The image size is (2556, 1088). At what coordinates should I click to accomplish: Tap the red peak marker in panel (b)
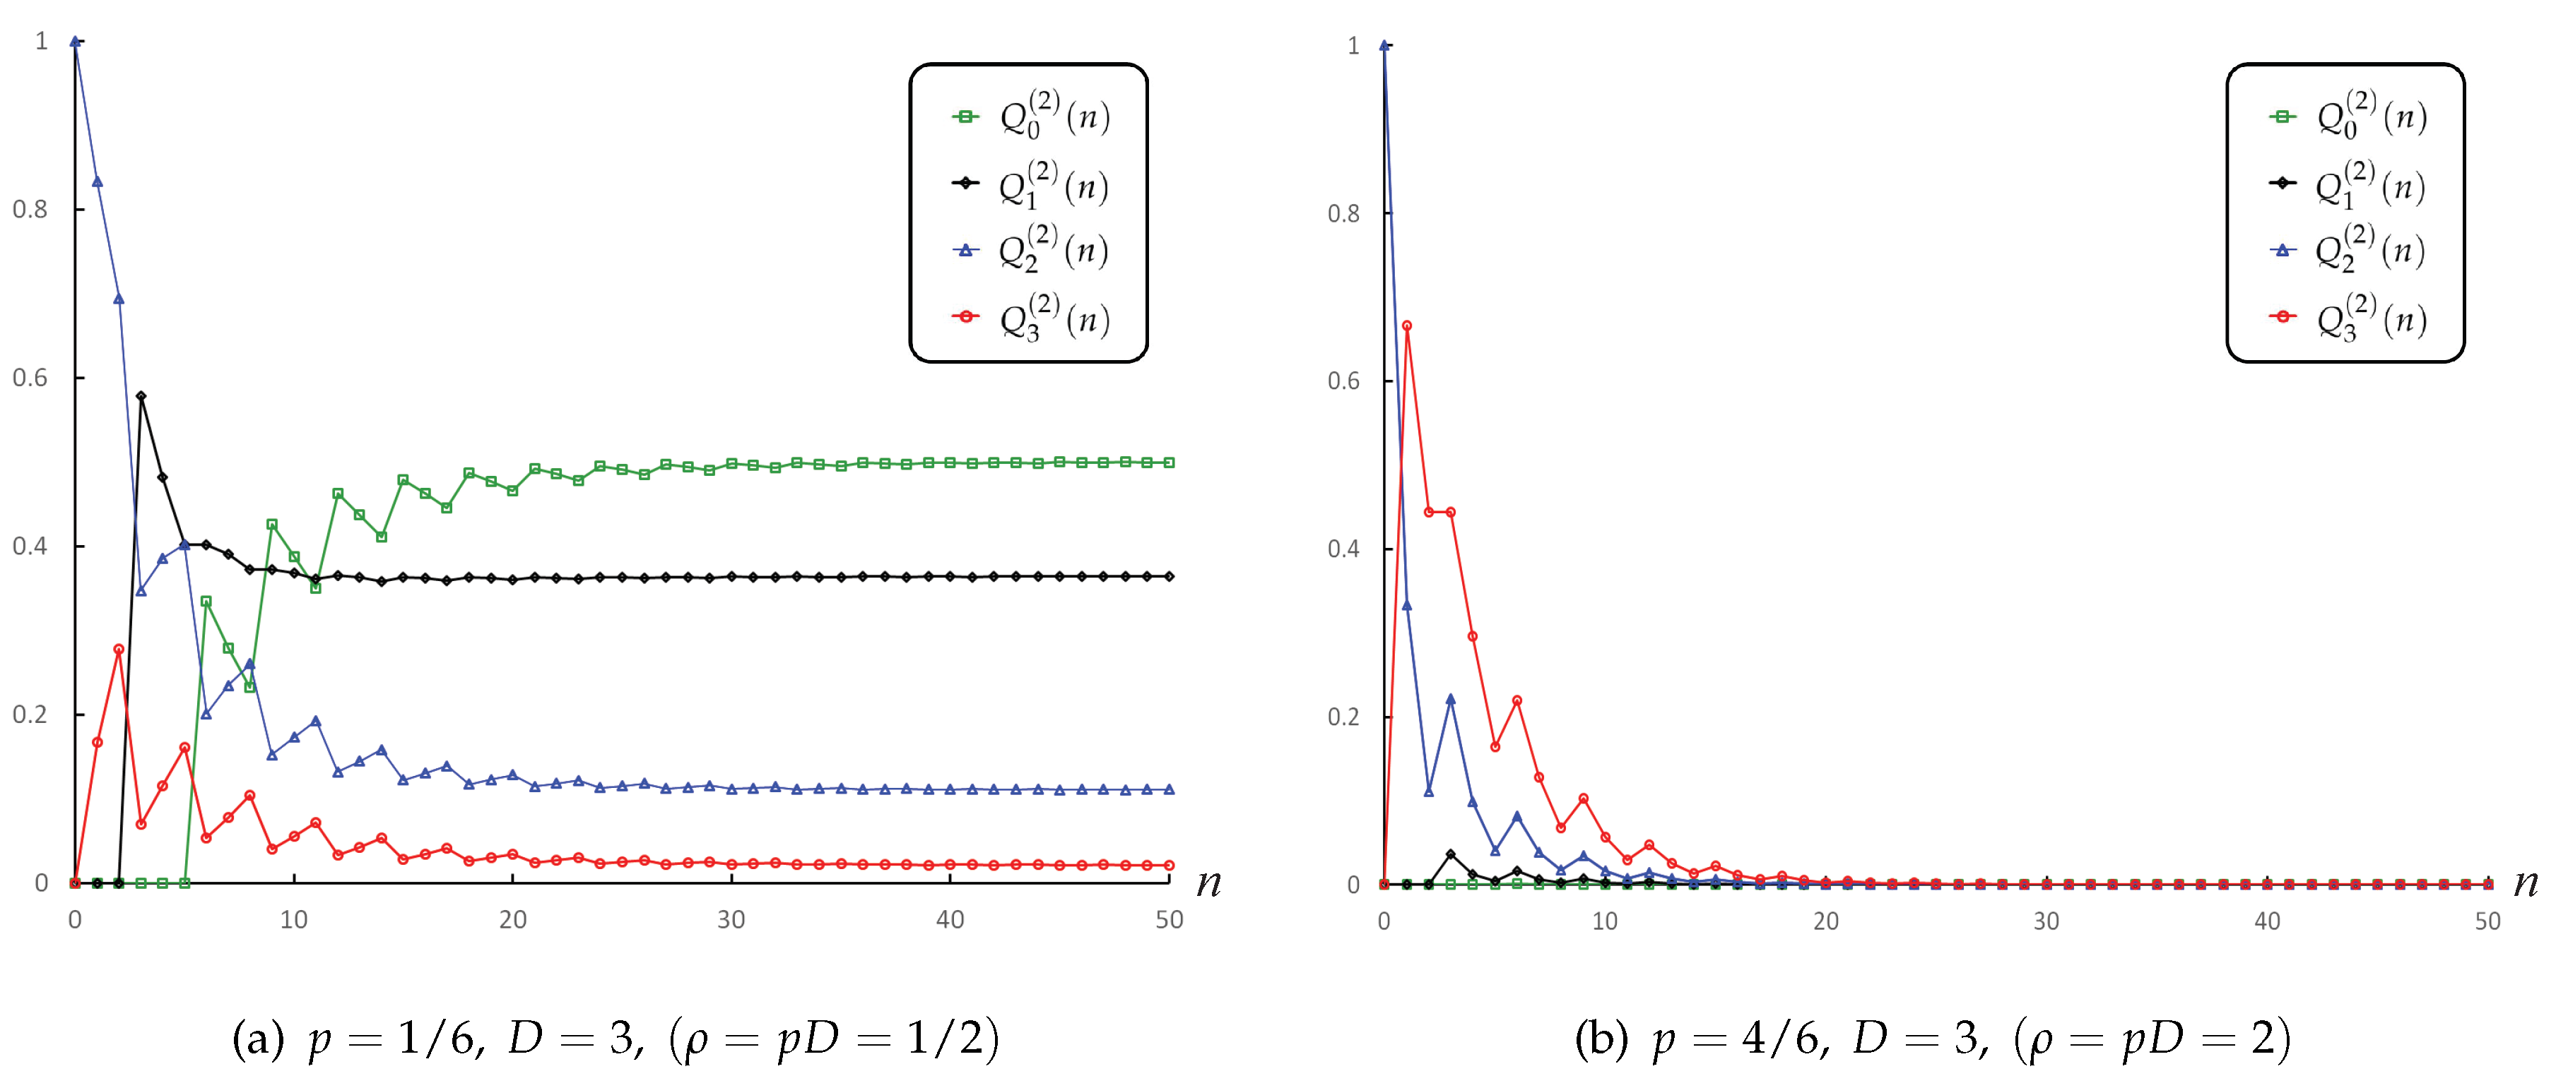[1407, 325]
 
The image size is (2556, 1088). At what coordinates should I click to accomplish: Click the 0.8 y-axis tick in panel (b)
[1345, 213]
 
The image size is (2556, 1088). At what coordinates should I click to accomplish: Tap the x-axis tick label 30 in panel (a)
[731, 921]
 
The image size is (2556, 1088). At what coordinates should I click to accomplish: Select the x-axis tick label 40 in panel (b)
[2267, 921]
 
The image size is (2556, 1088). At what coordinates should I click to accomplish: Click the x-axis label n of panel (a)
[1208, 882]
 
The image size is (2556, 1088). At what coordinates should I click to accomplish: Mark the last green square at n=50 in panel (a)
[1170, 462]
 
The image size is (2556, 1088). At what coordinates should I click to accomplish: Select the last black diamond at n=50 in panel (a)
[1170, 576]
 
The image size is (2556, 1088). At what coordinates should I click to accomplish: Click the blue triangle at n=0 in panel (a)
[74, 42]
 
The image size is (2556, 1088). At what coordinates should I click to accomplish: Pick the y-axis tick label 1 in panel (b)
[1353, 46]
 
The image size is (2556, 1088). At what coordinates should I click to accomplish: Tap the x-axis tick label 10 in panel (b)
[1604, 921]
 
